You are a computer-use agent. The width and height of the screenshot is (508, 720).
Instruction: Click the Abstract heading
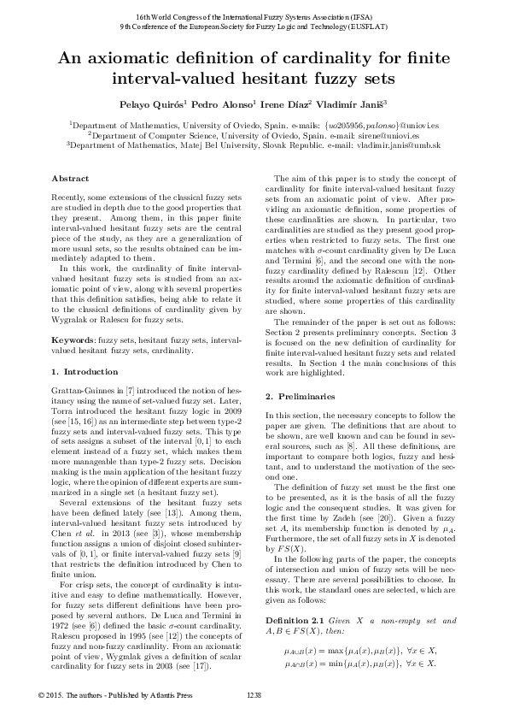(70, 179)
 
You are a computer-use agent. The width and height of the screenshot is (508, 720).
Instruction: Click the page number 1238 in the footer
(254, 693)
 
